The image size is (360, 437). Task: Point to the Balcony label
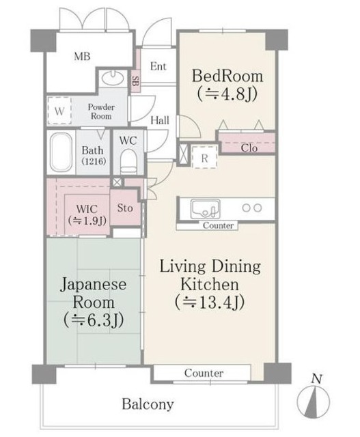[148, 404]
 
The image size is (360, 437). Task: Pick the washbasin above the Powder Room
[113, 77]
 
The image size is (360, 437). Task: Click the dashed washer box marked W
[59, 111]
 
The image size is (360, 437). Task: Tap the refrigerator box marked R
[204, 157]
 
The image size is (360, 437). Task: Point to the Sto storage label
[124, 208]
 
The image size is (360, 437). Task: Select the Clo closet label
[249, 147]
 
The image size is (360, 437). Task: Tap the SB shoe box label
[135, 81]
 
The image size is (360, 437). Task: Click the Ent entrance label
[158, 66]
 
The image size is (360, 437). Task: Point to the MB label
[82, 57]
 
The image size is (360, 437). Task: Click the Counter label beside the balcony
[204, 373]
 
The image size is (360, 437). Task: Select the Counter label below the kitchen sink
[218, 225]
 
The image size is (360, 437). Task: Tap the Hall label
[160, 120]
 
